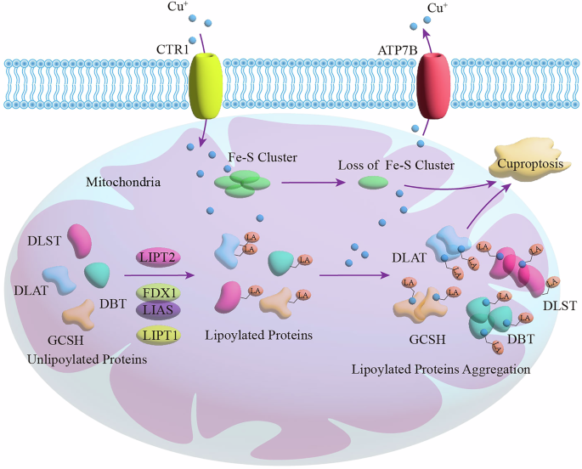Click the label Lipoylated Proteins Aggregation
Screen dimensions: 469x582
(440, 370)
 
